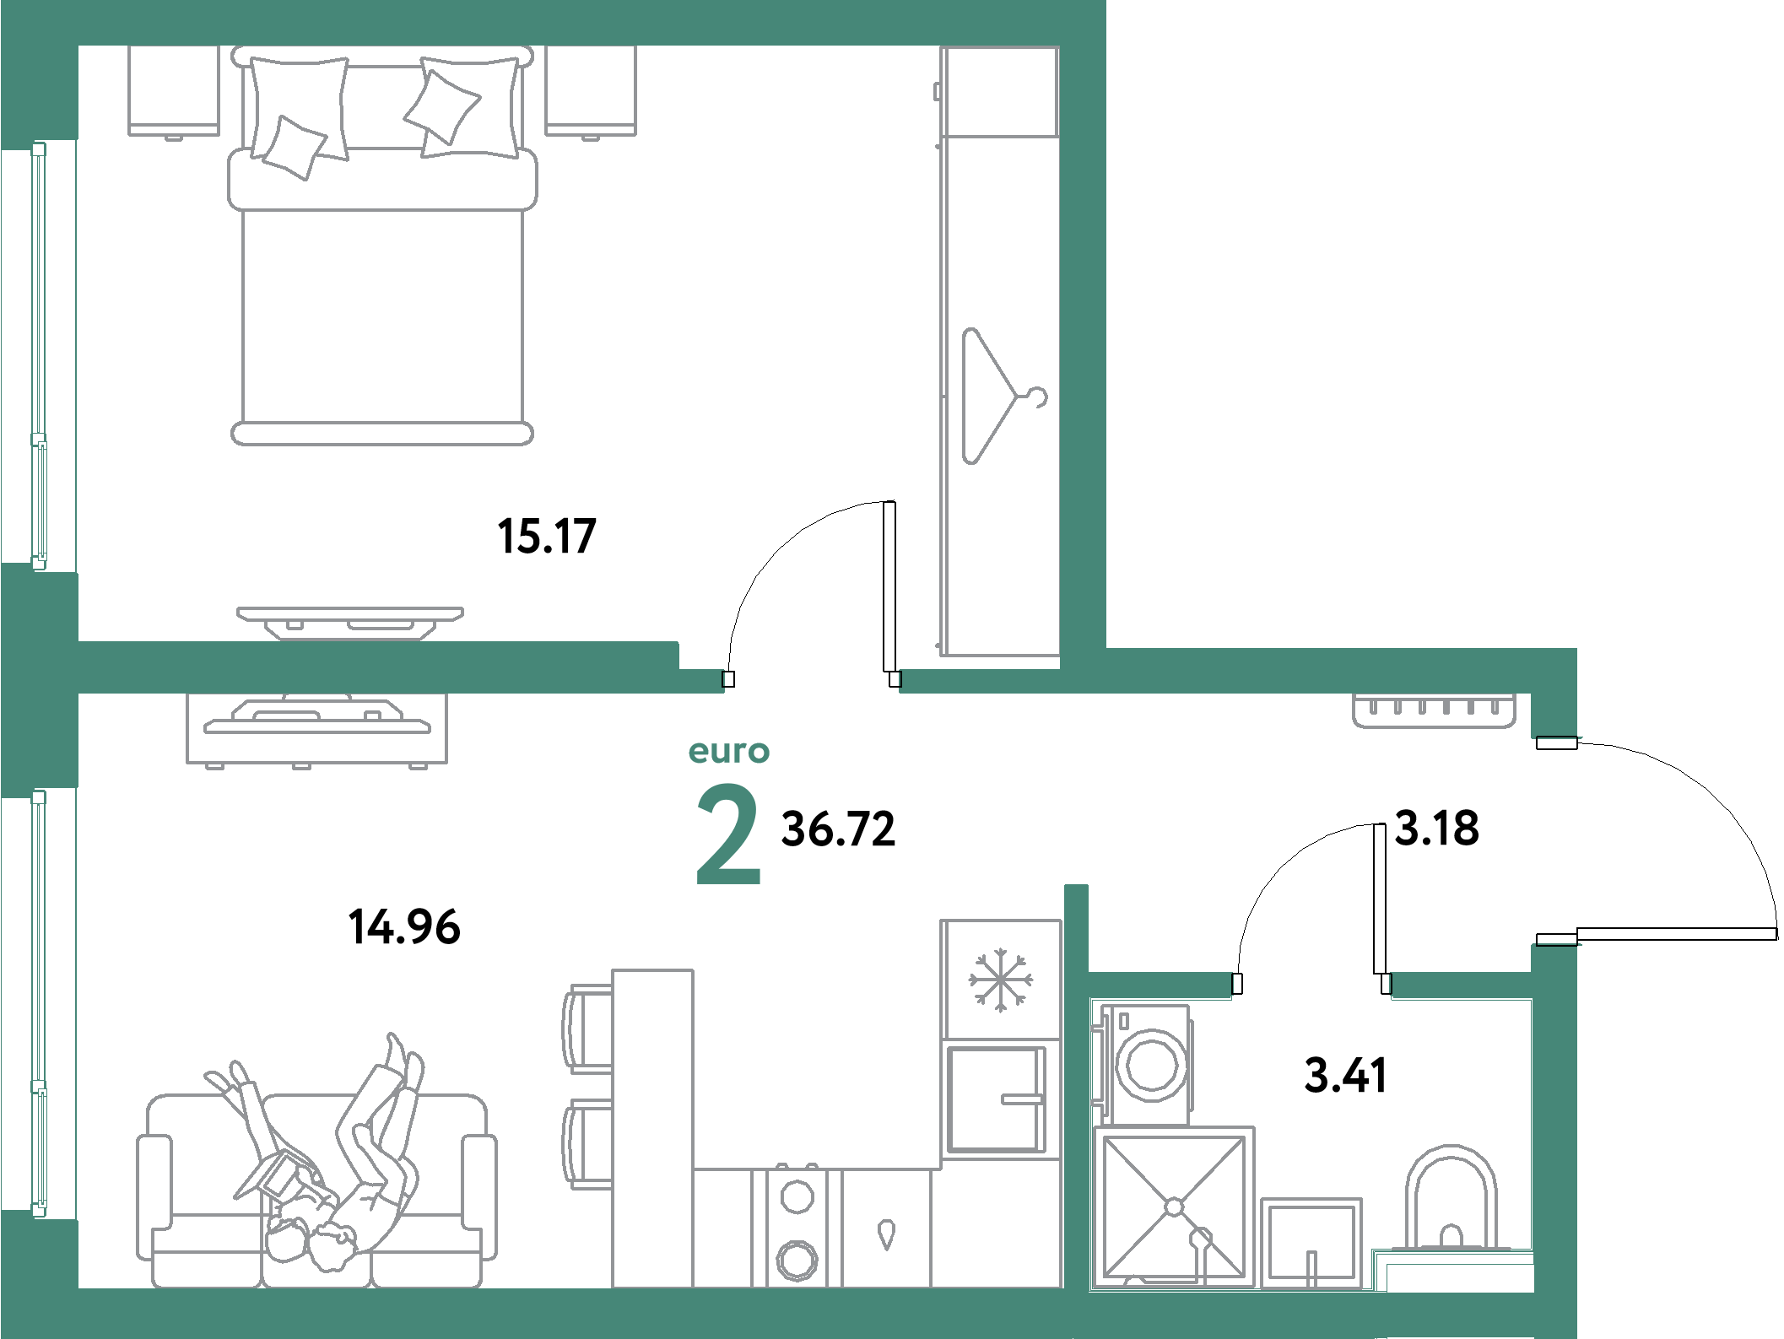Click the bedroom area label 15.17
coord(547,536)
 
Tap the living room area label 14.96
coord(404,926)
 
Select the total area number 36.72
coord(838,829)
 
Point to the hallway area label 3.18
coord(1436,829)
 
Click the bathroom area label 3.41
coord(1345,1076)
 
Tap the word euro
coord(729,752)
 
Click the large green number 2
coord(728,834)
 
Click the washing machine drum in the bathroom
coord(1150,1065)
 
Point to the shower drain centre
coord(1174,1207)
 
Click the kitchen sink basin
coord(997,1099)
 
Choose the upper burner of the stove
coord(796,1196)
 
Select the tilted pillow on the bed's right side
coord(441,105)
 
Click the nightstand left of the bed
coord(174,90)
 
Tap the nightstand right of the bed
coord(591,90)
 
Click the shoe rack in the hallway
coord(1434,710)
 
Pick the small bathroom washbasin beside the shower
coord(1311,1242)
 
